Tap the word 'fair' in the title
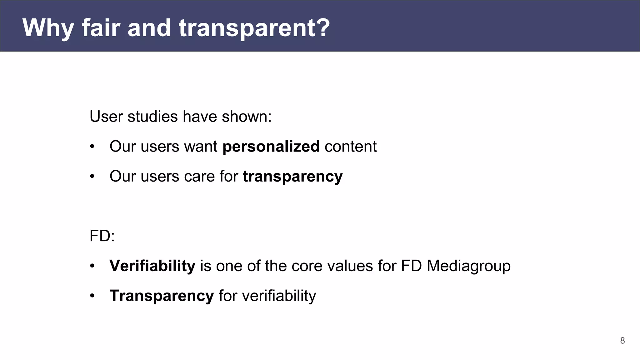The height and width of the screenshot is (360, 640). point(101,28)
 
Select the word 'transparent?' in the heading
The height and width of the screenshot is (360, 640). point(254,28)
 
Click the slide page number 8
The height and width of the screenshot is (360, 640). point(622,341)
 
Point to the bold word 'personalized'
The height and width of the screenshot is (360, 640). point(271,147)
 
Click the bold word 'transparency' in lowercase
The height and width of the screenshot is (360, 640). point(292,177)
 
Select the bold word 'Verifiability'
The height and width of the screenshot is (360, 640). point(152,266)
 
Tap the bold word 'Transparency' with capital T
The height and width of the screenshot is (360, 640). point(161,296)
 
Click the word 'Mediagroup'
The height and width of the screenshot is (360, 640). point(468,266)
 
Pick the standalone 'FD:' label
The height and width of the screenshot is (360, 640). point(102,236)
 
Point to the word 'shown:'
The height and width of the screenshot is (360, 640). point(247,117)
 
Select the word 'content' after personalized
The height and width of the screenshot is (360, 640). point(350,147)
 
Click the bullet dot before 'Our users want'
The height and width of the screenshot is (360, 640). point(92,147)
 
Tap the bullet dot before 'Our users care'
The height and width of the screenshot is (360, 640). point(92,177)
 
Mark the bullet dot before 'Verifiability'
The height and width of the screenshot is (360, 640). point(92,266)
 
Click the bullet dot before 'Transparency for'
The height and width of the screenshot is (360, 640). point(92,296)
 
